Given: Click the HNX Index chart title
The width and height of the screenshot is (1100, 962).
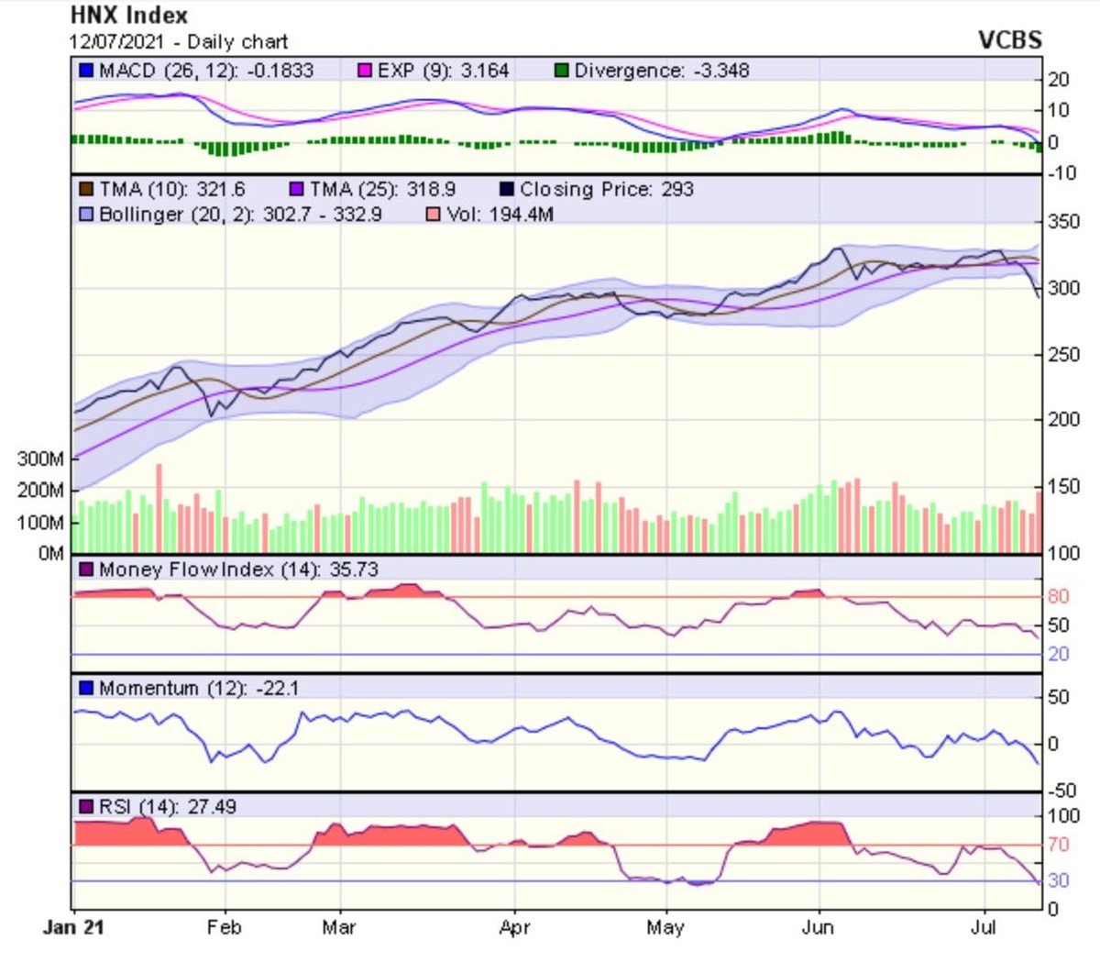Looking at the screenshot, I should (129, 16).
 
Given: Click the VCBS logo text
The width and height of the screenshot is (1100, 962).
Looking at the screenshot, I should (1009, 40).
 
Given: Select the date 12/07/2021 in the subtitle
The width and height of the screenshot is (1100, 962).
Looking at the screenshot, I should (115, 42).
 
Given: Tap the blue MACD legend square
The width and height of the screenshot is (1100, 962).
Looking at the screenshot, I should (86, 71).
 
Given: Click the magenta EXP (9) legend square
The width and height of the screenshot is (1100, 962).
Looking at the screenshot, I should (365, 71).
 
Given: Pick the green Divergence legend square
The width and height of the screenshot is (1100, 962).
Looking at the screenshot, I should (561, 71).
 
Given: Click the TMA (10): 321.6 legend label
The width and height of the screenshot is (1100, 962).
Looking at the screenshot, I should (171, 190).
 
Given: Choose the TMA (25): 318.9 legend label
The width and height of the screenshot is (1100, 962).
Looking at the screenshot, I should (381, 190).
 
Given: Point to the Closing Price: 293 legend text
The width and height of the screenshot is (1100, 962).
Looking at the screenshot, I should (606, 190).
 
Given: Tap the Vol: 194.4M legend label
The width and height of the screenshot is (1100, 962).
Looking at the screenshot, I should (500, 215).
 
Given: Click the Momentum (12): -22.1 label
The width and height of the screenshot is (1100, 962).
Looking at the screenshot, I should (198, 688).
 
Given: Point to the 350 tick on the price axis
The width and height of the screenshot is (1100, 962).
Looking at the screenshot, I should (1064, 222).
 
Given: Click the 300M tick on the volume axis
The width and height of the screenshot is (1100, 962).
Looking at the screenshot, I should (40, 459).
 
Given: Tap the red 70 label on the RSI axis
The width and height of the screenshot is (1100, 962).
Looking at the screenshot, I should (1059, 845).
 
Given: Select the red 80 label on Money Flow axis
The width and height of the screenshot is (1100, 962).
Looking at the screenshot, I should (1059, 597).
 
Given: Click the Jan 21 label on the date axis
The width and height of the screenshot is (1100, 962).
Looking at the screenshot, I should (73, 927).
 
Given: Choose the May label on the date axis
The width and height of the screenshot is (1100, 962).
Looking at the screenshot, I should (665, 927).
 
